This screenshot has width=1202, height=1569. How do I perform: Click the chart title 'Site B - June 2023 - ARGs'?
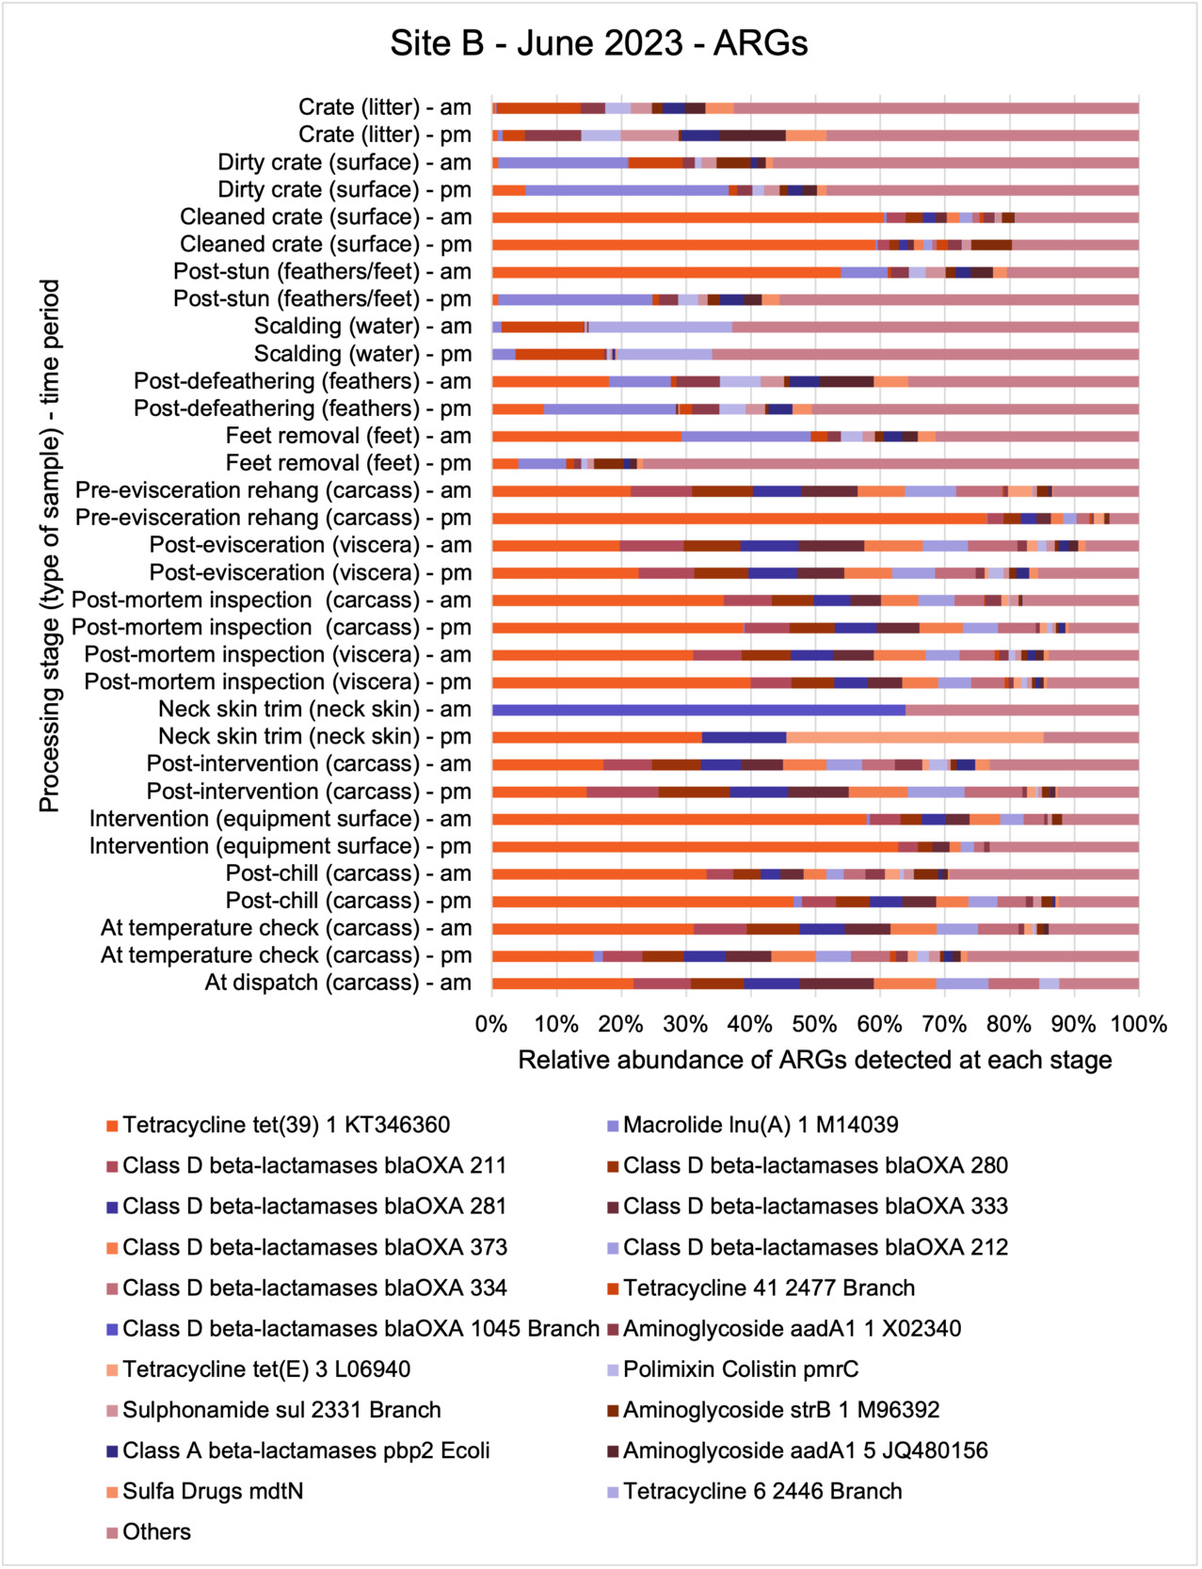coord(599,43)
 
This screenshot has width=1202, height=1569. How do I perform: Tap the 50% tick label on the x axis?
coord(814,1024)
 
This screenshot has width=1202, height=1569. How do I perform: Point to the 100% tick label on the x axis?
coord(1139,1024)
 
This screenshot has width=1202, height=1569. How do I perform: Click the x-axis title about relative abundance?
coord(814,1061)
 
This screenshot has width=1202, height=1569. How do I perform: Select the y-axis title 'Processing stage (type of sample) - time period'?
coord(49,546)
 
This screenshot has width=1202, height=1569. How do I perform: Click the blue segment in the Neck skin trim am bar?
coord(698,710)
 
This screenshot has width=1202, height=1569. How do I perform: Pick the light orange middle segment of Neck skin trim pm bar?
coord(915,737)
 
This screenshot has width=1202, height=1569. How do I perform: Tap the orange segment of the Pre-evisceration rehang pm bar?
coord(739,518)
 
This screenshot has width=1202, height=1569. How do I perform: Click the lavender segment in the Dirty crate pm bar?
coord(627,190)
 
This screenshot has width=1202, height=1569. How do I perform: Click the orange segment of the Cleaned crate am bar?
coord(688,217)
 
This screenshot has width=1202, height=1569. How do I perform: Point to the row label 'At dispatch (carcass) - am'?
coord(338,983)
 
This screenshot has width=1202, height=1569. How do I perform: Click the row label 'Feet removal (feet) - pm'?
coord(348,463)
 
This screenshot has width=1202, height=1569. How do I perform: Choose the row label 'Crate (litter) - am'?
coord(384,107)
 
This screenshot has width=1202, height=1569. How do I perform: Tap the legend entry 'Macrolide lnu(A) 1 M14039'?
coord(761,1125)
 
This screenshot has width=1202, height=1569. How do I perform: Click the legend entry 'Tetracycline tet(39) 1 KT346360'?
coord(286,1125)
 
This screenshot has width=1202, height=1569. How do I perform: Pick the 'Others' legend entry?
coord(156,1532)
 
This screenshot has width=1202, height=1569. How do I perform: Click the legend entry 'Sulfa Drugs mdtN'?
coord(213,1492)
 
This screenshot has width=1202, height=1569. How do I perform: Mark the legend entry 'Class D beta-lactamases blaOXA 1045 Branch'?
coord(361,1329)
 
